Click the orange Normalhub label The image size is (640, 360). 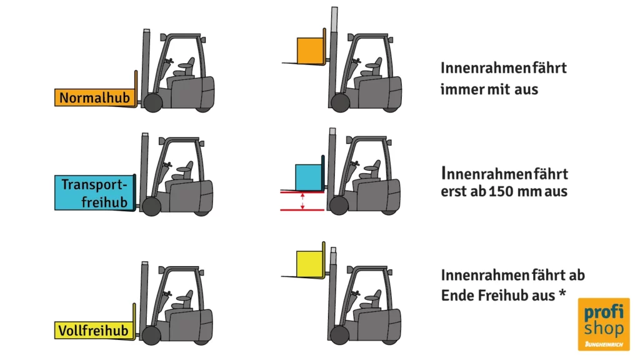point(95,97)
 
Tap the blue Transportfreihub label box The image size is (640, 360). point(94,192)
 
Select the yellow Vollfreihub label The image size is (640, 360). point(94,330)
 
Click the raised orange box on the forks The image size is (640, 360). point(310,51)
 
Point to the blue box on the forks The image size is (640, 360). point(308,177)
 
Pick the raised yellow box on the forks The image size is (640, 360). point(309,264)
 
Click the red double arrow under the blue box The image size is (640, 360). point(302,201)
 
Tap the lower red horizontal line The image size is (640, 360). point(302,210)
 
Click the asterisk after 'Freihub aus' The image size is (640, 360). point(562,292)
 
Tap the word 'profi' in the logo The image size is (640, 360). point(604,312)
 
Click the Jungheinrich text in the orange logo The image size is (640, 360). point(604,344)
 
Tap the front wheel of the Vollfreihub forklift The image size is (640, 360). point(151,335)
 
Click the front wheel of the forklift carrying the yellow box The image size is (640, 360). point(339,335)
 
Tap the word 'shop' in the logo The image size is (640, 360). point(604,329)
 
